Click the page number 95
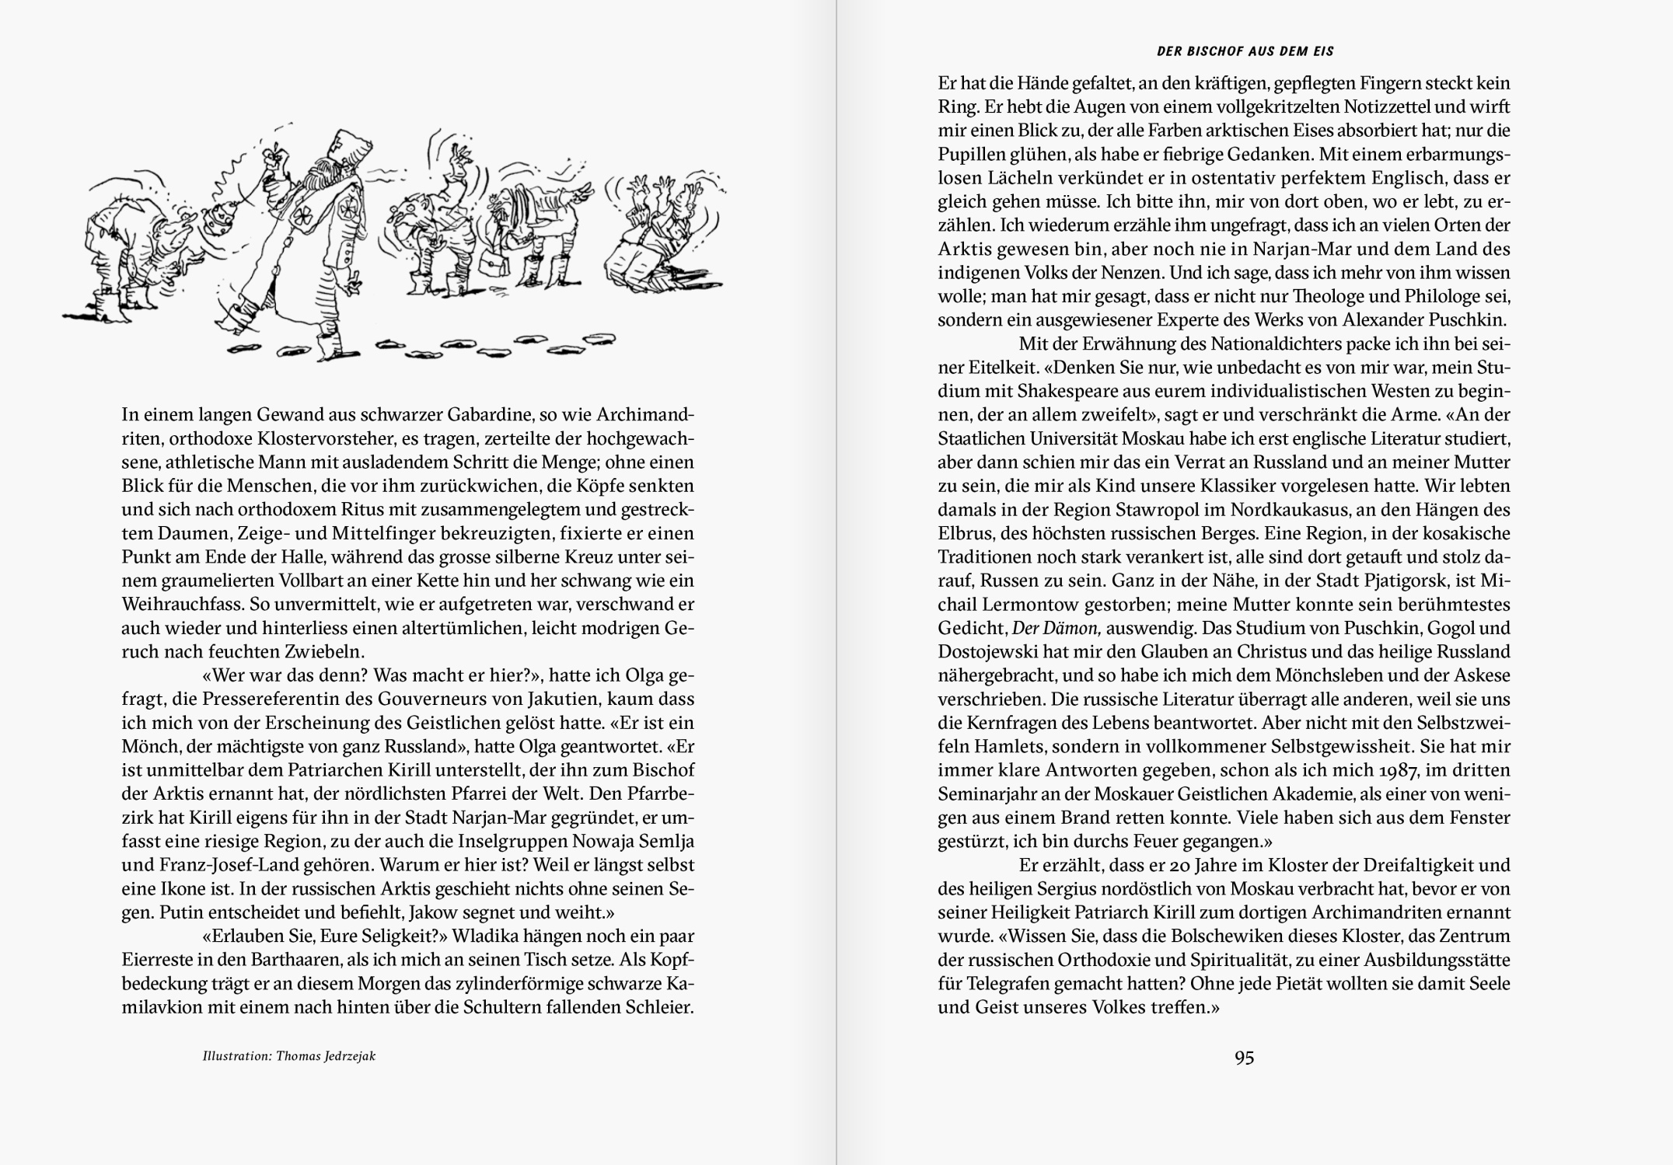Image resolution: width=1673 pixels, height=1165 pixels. [x=1244, y=1058]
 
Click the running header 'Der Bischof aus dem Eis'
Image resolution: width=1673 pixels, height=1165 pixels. [x=1245, y=51]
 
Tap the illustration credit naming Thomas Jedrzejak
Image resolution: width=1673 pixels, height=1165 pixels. [x=289, y=1056]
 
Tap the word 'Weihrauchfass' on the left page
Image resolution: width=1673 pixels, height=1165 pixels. [x=169, y=604]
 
